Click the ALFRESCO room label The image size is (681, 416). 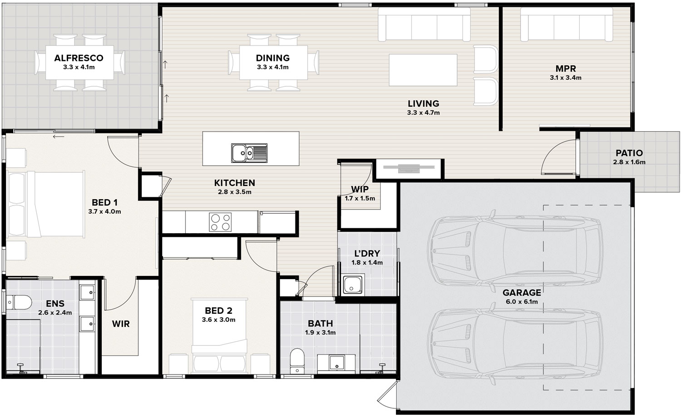point(79,58)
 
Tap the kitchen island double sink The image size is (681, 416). point(249,153)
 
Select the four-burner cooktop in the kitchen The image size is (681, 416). point(220,222)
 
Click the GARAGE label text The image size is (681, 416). point(522,293)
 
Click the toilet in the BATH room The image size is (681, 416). point(297,361)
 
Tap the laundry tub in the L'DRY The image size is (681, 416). point(353,285)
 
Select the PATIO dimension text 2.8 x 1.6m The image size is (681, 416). point(629,162)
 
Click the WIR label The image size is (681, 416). point(121,324)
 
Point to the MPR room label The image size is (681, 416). point(566,69)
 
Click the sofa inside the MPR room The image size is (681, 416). point(567,25)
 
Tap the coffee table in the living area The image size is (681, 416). point(423,70)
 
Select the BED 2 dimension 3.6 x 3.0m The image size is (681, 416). point(218,320)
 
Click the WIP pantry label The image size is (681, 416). point(360,190)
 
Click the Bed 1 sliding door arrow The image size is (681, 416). point(59,137)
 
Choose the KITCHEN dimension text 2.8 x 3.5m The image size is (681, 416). point(234,192)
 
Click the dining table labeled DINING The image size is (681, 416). point(273,62)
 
